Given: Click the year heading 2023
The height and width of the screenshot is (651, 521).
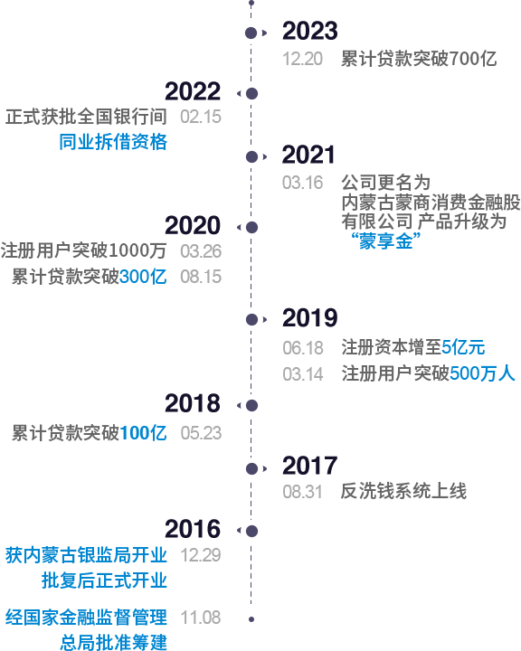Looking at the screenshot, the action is click(310, 31).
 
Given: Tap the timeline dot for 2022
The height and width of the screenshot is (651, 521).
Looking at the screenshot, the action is click(251, 93).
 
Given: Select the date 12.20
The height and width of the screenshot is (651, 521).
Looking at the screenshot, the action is click(302, 59).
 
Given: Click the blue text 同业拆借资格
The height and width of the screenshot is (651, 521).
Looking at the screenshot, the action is click(113, 142).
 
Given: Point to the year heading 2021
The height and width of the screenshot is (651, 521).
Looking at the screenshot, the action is click(308, 155).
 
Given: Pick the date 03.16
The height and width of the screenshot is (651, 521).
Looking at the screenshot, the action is click(302, 183).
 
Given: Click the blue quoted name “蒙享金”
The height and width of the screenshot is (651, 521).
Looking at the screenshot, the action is click(386, 241).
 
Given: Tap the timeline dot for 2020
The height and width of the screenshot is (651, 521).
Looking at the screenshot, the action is click(251, 227).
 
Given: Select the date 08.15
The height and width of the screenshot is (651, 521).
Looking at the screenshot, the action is click(201, 277).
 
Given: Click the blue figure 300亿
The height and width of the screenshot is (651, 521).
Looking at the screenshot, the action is click(143, 277).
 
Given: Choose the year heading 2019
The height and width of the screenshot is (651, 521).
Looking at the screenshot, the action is click(310, 318).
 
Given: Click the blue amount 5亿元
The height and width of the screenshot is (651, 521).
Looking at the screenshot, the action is click(463, 347).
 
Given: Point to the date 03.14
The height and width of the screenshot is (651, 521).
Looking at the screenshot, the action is click(303, 374).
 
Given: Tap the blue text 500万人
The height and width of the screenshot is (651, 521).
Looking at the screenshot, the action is click(482, 373).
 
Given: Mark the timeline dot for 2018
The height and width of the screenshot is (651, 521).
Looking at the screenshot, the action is click(251, 405).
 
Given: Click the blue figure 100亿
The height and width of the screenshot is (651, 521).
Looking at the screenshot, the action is click(143, 433).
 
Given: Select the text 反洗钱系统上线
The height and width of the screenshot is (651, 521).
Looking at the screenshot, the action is click(403, 491).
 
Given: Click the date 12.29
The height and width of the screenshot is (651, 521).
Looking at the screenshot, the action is click(201, 555).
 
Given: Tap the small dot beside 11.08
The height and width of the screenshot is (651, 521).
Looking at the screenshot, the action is click(251, 619).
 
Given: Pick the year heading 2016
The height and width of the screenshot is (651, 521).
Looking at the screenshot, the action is click(193, 529).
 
